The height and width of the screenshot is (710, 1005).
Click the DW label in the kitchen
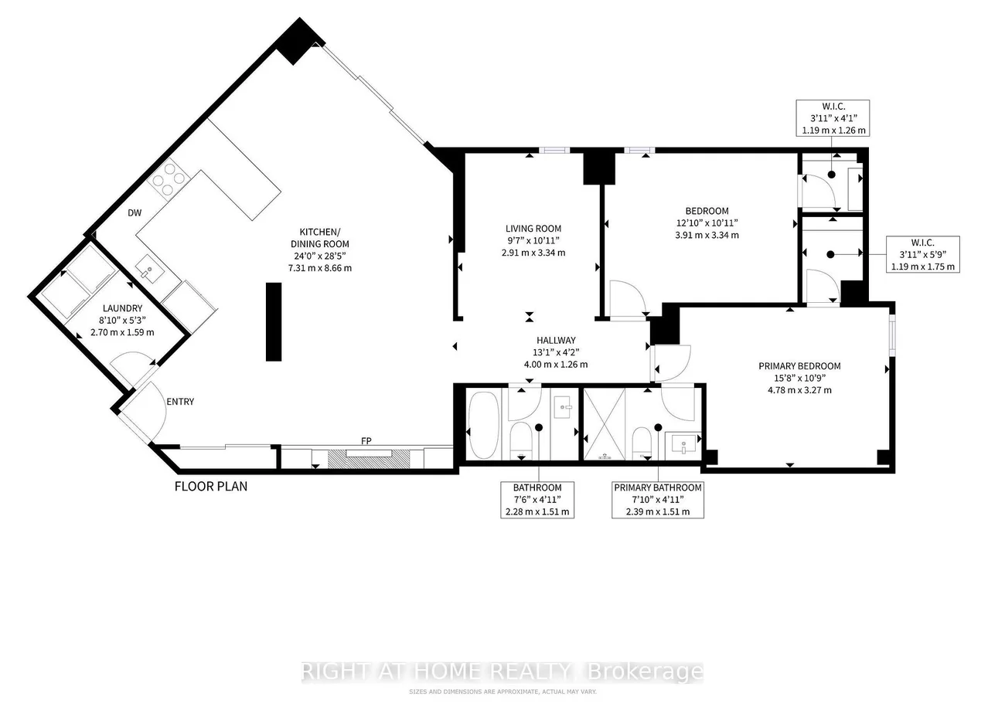135,213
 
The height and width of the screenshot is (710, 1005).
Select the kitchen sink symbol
150,269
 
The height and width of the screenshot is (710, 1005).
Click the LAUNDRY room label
122,308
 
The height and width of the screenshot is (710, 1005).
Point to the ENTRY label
180,402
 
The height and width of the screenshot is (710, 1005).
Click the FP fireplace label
366,441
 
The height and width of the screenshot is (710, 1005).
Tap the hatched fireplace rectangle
369,459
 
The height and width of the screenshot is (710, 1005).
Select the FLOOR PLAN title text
211,486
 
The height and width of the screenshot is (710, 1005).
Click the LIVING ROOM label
533,229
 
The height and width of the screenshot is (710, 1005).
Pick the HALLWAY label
556,340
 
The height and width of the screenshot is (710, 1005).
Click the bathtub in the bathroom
484,425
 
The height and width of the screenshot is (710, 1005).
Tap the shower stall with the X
605,424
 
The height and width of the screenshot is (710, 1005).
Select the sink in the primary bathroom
683,445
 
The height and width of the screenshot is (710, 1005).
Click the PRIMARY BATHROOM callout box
658,500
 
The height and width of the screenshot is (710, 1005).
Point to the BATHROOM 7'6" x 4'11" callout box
537,500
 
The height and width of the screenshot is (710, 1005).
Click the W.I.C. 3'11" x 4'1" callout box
833,118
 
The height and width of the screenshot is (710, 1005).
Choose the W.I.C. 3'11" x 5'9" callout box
923,254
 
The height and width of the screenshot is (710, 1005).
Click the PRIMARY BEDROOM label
799,366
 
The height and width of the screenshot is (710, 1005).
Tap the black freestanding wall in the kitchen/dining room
274,322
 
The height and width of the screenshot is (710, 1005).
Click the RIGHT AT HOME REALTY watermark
502,671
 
